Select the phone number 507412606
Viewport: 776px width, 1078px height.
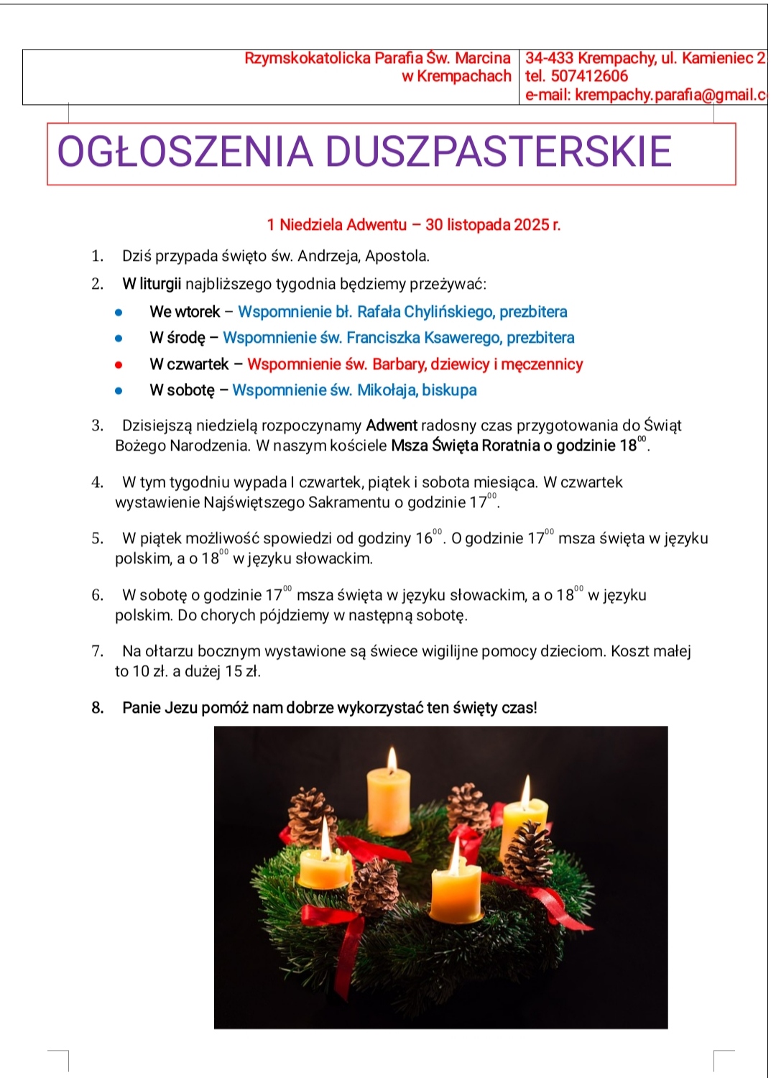[589, 76]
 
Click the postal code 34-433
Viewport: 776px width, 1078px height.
[549, 58]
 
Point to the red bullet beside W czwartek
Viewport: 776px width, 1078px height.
[119, 364]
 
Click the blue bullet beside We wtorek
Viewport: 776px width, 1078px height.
[119, 312]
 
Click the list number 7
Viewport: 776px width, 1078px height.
[97, 651]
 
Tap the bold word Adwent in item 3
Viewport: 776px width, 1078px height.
[392, 425]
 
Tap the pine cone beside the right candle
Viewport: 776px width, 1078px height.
[529, 852]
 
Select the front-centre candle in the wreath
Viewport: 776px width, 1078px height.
[456, 891]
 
